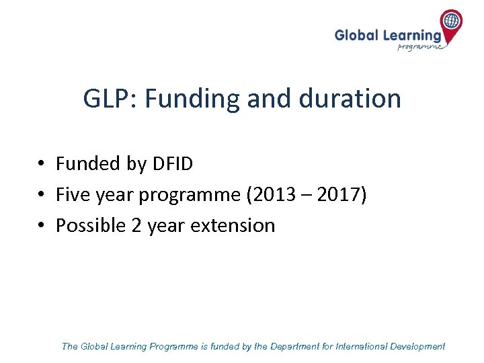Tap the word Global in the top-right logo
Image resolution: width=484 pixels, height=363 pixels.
(x=357, y=36)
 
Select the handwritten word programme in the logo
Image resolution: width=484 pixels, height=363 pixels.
(x=420, y=47)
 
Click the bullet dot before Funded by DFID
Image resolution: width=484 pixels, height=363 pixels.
(x=41, y=164)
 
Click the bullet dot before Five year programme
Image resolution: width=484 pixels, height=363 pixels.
(x=41, y=195)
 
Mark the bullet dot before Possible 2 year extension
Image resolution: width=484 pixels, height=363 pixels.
(x=41, y=225)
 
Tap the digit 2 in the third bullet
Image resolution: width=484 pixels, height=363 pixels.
(x=136, y=225)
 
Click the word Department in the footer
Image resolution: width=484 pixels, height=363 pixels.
(x=296, y=347)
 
